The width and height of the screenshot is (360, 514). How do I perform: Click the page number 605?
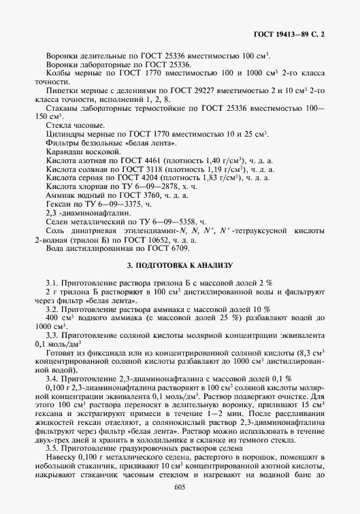(x=180, y=487)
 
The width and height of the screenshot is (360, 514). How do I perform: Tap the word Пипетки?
(x=59, y=90)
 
